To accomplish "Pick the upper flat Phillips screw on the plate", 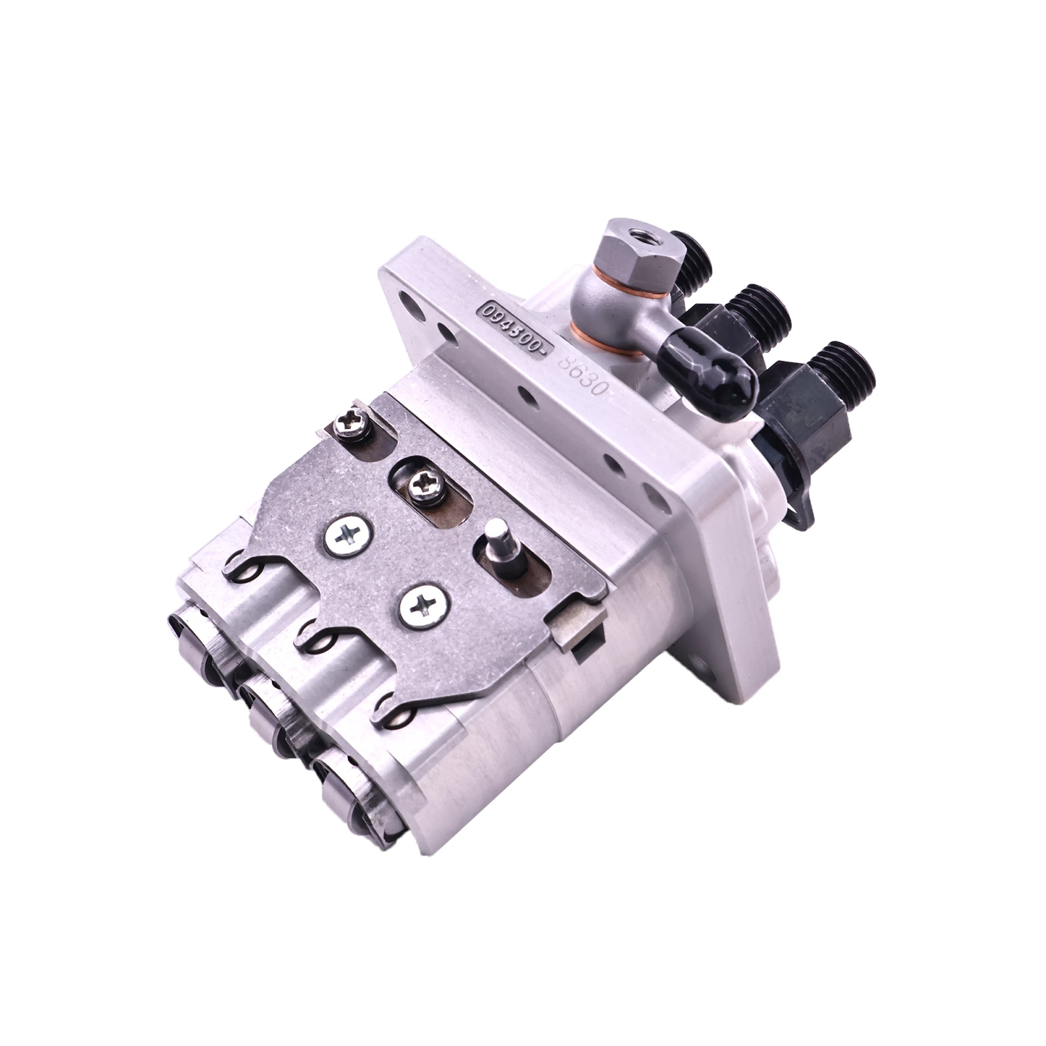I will tap(347, 536).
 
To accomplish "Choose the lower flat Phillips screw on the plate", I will tap(422, 606).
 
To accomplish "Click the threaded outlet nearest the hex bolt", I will tap(683, 258).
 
